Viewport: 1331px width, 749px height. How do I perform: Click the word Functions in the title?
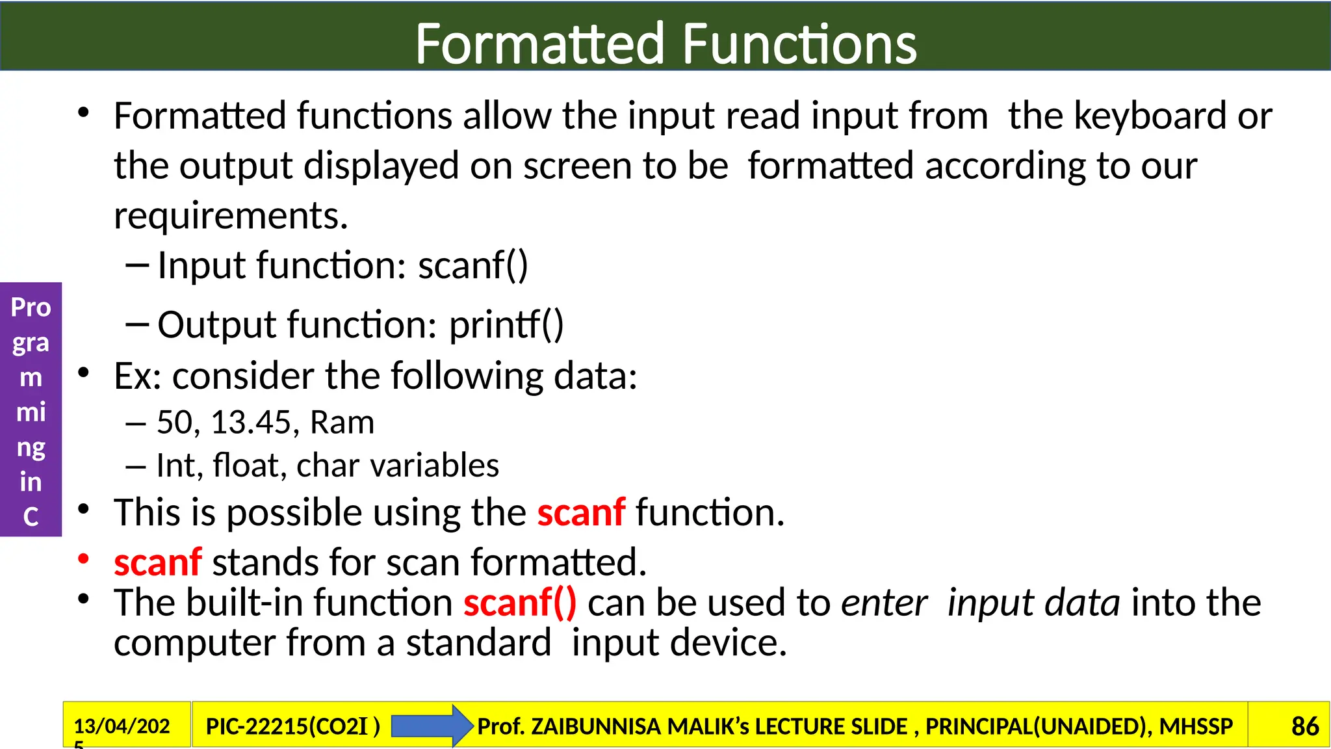[x=799, y=44]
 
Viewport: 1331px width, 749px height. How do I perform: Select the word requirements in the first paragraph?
[x=230, y=217]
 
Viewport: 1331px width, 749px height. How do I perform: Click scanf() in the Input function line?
[x=472, y=266]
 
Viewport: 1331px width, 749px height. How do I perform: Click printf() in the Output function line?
[x=506, y=325]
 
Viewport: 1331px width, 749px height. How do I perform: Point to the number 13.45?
[x=250, y=423]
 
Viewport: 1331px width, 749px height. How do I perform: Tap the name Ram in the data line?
[x=342, y=423]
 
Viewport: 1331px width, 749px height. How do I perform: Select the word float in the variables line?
[x=249, y=466]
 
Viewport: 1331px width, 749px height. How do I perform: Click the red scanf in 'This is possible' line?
[x=581, y=513]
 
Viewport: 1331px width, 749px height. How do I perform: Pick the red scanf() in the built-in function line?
[x=520, y=603]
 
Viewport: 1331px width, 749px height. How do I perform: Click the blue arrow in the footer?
[x=432, y=726]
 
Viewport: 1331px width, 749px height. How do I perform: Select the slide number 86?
[x=1304, y=726]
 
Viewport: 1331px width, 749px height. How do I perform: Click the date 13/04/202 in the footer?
[x=122, y=726]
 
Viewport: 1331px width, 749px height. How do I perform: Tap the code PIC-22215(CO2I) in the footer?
[x=292, y=726]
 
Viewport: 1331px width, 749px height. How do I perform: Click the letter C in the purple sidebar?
[x=31, y=517]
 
